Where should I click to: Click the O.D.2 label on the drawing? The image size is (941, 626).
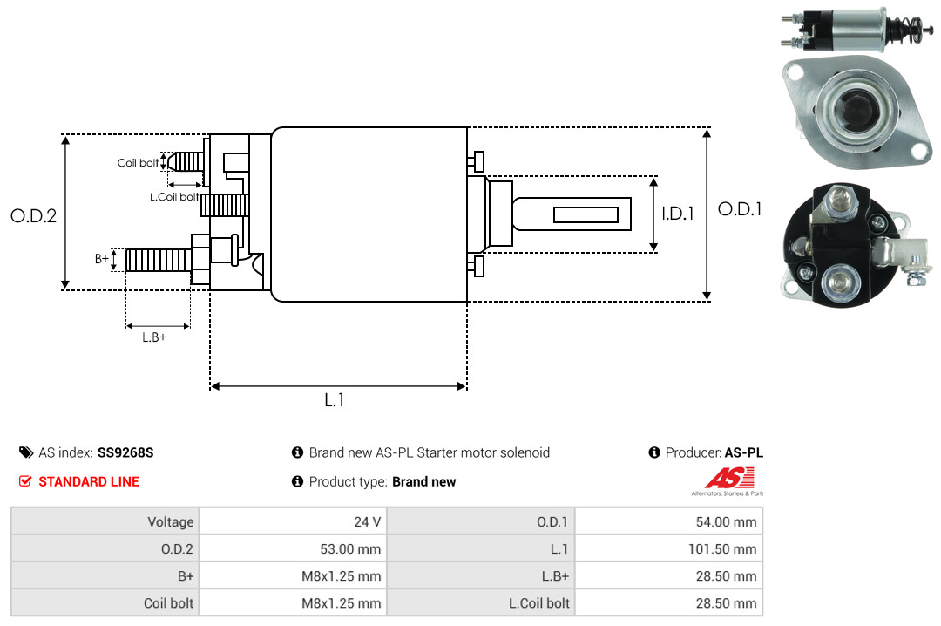(x=34, y=215)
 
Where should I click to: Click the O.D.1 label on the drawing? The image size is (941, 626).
(x=740, y=209)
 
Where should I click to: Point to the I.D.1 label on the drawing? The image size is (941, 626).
(x=678, y=214)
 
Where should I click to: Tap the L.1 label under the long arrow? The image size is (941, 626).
(x=335, y=400)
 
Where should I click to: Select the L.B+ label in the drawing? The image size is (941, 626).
(x=154, y=337)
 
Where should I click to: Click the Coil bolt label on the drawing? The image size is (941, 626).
(x=138, y=163)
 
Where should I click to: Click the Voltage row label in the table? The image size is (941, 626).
(x=171, y=521)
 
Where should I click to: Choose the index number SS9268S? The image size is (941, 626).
(x=125, y=452)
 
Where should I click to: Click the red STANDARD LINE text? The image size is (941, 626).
(x=89, y=481)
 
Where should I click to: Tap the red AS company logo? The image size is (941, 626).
(x=728, y=480)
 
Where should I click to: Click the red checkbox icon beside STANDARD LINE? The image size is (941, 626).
(x=25, y=481)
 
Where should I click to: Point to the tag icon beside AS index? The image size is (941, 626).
(x=26, y=452)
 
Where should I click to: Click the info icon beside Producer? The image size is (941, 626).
(x=654, y=452)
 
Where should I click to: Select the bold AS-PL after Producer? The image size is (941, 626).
(x=743, y=452)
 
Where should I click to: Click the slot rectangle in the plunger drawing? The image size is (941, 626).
(x=586, y=214)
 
